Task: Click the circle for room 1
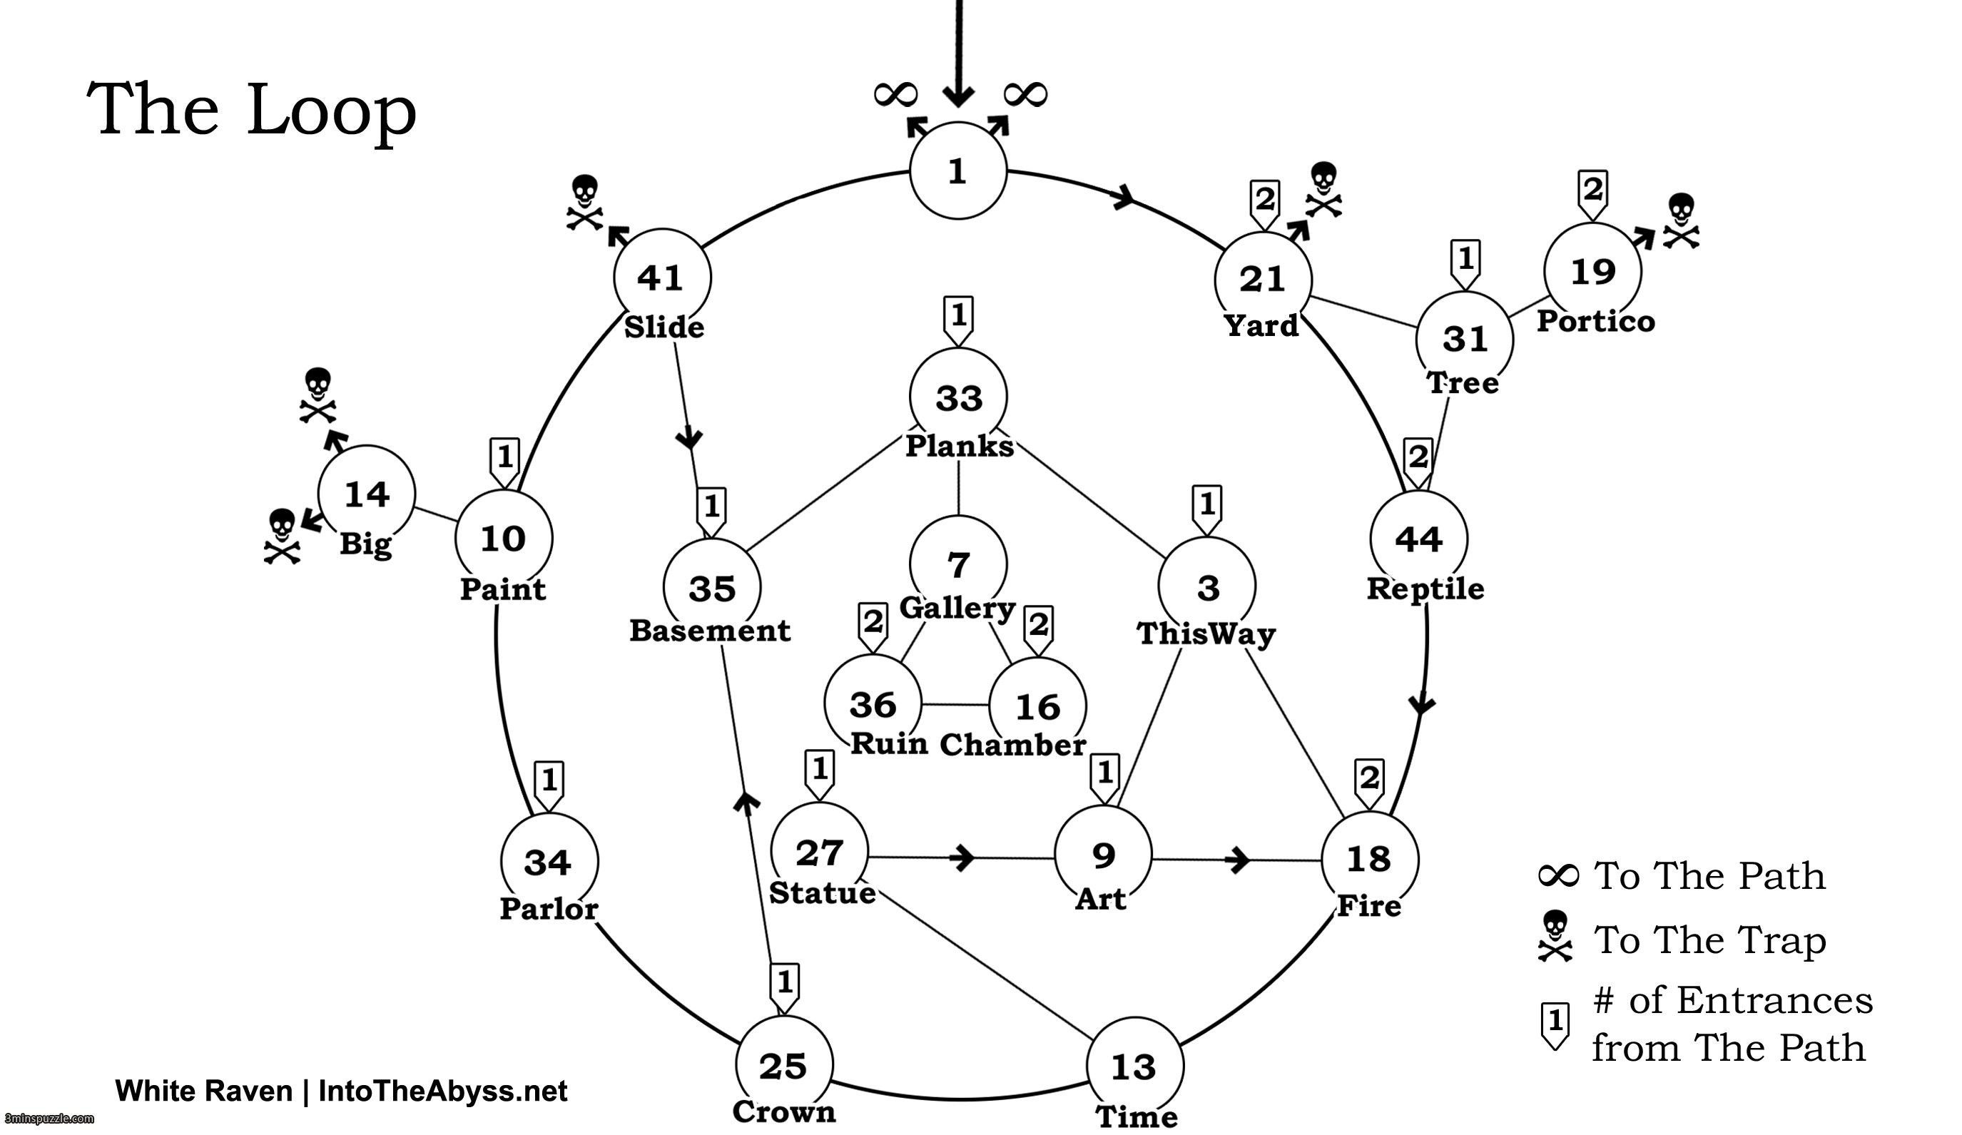pos(958,170)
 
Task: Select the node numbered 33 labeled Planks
pos(958,397)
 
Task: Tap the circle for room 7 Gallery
pos(958,564)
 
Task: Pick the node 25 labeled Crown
pos(784,1064)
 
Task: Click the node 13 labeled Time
pos(1134,1065)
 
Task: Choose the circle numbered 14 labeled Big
pos(367,494)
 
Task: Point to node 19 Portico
pos(1593,272)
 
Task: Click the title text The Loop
pos(251,110)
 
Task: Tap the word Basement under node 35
pos(710,631)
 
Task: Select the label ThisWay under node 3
pos(1206,633)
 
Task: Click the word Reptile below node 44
pos(1425,589)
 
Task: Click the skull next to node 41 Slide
pos(585,203)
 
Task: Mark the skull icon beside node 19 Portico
pos(1682,220)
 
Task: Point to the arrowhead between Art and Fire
pos(1238,860)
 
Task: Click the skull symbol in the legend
pos(1555,937)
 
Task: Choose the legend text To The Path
pos(1709,877)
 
